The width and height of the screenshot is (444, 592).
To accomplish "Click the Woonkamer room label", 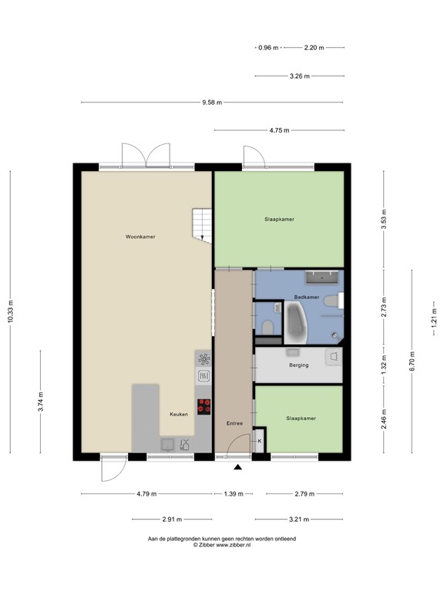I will coord(141,237).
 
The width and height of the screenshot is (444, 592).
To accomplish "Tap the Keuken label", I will coord(179,414).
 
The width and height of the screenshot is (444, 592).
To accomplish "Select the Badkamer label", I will coord(307,297).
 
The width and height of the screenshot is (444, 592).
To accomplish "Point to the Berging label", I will coord(298,365).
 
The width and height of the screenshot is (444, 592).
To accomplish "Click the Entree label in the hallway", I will coord(234,423).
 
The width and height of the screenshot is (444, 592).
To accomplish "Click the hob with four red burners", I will coord(204,405).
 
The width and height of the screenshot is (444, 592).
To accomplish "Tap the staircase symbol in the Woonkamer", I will coord(202,225).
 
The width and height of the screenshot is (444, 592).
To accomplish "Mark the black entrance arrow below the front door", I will coord(238,466).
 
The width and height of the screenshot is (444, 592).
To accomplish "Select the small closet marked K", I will coord(260,441).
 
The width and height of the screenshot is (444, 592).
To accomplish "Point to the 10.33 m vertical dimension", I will coord(11,311).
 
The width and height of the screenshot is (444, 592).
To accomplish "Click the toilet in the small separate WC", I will coord(266,328).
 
